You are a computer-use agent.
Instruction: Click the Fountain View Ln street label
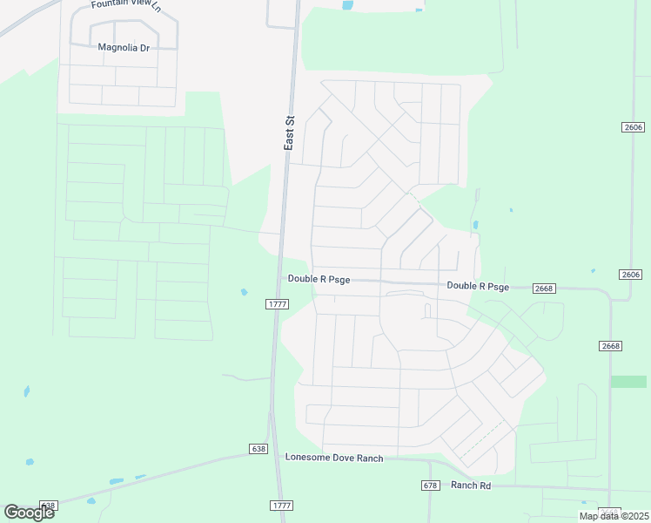126,5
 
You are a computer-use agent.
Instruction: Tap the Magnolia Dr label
124,47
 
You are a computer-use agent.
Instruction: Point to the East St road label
290,133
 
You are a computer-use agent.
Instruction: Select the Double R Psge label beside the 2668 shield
478,286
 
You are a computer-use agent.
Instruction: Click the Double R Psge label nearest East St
319,279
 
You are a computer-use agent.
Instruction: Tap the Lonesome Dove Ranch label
334,458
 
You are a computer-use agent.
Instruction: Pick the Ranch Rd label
471,486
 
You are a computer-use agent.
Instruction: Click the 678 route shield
430,486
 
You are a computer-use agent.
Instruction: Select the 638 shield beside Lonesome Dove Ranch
258,449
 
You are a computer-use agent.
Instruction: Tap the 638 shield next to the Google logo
49,506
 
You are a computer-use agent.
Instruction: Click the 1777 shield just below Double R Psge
277,303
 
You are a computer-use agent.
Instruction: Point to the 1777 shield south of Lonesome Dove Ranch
280,506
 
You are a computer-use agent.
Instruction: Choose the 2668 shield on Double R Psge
545,289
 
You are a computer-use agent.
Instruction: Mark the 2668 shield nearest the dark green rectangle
611,346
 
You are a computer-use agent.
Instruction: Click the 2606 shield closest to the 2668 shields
632,275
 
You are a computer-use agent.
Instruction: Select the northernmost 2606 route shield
634,127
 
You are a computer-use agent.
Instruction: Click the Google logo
29,513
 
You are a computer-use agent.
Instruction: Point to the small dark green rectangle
628,382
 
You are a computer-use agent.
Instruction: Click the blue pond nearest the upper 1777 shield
244,292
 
